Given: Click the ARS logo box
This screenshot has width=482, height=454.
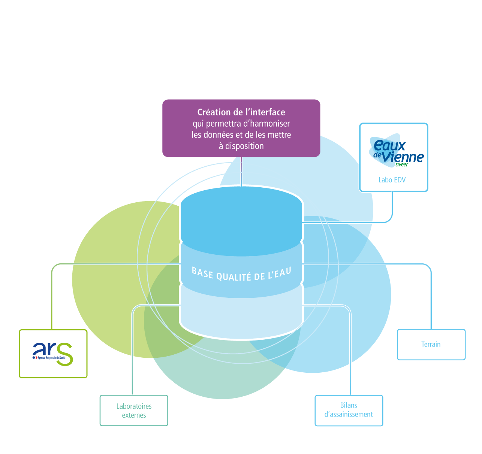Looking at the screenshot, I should click(x=53, y=354).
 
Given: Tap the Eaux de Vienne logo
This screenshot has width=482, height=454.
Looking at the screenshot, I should click(x=397, y=152).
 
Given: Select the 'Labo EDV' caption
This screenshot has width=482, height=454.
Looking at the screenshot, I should click(x=392, y=180).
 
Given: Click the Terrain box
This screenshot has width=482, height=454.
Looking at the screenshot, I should click(x=431, y=344).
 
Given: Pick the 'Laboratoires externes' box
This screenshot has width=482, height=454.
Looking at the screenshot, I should click(x=134, y=411).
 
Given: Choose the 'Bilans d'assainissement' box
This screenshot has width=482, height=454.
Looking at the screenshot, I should click(x=349, y=410).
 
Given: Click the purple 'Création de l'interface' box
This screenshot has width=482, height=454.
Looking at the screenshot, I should click(x=241, y=128).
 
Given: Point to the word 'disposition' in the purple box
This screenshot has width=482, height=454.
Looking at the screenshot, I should click(x=244, y=146).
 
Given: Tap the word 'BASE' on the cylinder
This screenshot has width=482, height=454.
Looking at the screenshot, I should click(x=202, y=272).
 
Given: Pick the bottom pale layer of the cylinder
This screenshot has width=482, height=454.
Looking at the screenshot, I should click(x=241, y=318).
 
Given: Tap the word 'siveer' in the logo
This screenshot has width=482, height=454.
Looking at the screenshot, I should click(x=401, y=165).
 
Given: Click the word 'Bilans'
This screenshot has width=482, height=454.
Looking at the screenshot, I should click(x=349, y=405).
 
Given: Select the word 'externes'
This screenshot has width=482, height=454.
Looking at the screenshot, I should click(x=134, y=415).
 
